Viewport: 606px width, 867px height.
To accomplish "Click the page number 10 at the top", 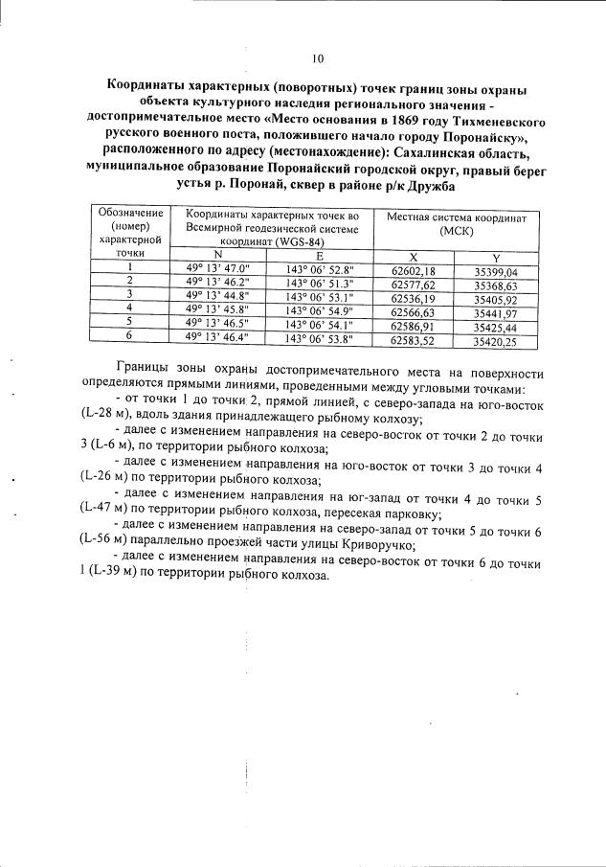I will (x=317, y=59).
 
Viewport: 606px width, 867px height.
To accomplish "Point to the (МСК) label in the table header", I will (x=458, y=232).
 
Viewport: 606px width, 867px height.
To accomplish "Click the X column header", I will (x=414, y=257).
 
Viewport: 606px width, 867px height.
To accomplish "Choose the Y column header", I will (x=495, y=257).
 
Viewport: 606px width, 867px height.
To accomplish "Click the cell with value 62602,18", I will (x=414, y=270).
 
